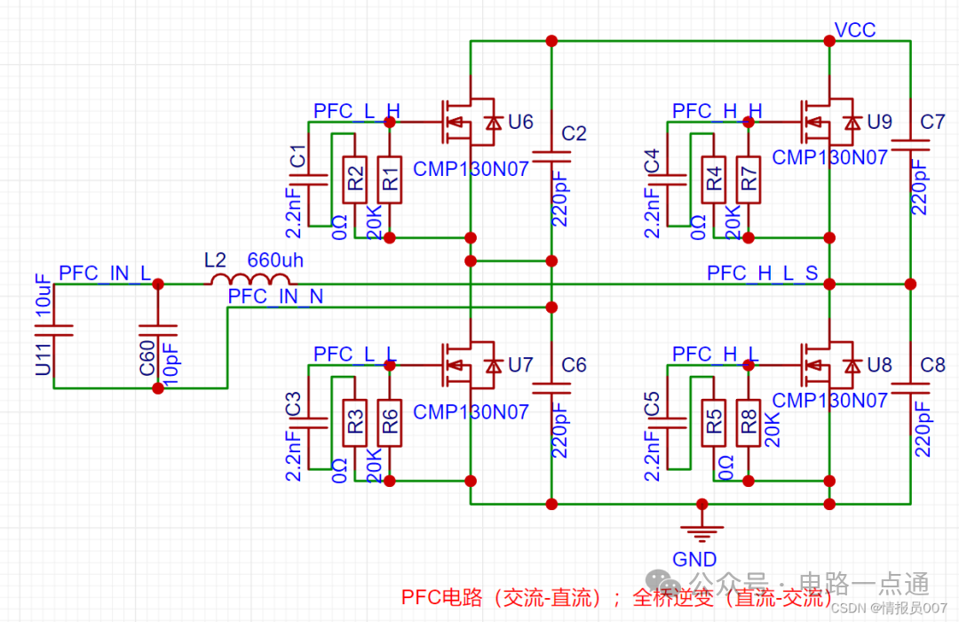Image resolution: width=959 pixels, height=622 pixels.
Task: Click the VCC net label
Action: click(x=855, y=29)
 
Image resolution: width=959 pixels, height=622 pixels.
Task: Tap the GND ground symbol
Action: click(x=701, y=534)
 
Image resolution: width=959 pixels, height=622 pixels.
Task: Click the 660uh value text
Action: click(x=276, y=260)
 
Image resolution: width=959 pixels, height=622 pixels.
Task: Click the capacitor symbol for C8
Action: click(x=910, y=387)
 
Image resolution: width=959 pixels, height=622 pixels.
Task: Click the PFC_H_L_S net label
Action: click(x=762, y=273)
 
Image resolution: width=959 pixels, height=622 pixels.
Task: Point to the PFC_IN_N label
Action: click(x=275, y=296)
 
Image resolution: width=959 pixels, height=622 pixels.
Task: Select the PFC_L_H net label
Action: click(x=356, y=111)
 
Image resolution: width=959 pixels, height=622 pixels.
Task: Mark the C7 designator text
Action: click(x=932, y=122)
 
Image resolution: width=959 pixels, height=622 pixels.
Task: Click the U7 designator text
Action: click(x=520, y=364)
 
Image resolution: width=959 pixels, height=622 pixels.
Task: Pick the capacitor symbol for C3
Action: click(x=310, y=419)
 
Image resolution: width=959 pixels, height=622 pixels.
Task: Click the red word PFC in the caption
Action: click(x=421, y=597)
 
